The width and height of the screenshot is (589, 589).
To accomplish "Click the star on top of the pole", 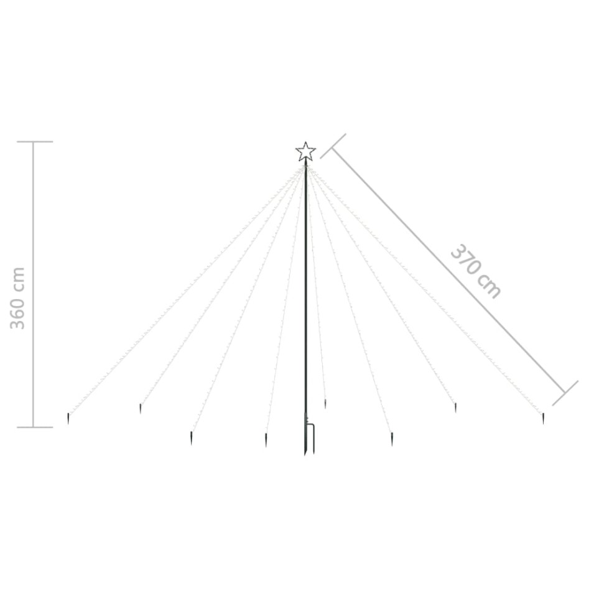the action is click(x=305, y=152).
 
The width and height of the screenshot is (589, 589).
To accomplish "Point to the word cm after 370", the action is click(x=489, y=287).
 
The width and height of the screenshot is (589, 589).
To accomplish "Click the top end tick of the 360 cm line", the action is click(x=35, y=142).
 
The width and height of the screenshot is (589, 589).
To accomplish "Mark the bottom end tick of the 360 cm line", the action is click(x=35, y=427).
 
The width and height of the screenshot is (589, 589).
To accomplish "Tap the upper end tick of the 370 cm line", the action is click(x=333, y=146).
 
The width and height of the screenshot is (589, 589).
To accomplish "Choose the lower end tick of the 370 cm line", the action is click(x=565, y=393).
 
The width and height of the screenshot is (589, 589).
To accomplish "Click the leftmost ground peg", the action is click(x=68, y=419).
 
